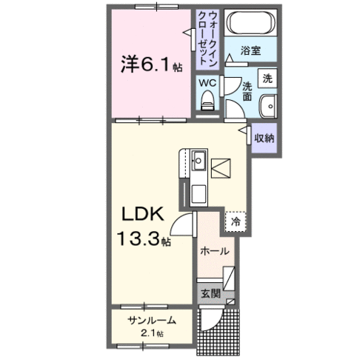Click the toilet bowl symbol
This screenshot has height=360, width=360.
pos(208,101)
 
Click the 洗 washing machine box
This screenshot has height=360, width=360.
pos(267,76)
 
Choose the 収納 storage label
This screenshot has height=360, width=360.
pos(264,138)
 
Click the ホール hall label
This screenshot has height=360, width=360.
pos(215,252)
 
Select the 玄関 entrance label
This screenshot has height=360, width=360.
pos(210,293)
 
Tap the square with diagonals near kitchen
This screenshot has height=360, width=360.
pos(221,170)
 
